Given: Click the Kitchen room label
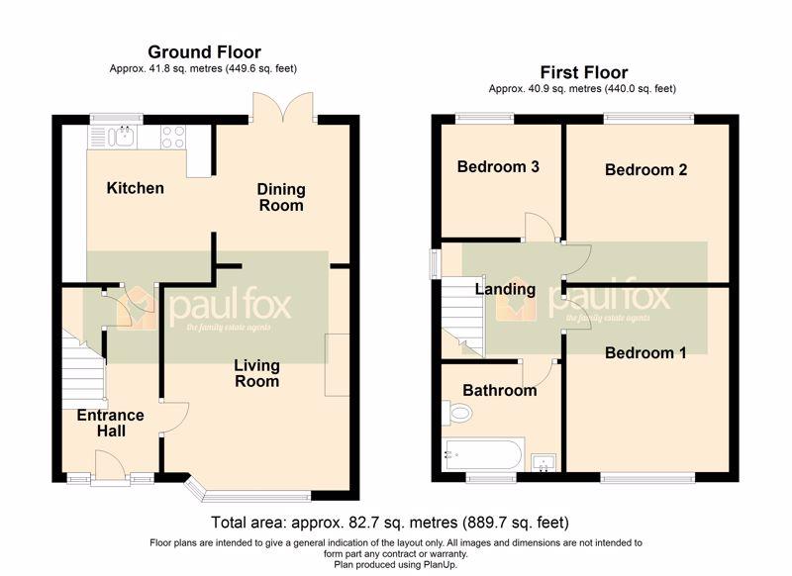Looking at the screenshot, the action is (135, 188).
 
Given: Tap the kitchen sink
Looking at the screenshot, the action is (121, 137).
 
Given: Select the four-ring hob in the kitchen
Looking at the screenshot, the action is (172, 137).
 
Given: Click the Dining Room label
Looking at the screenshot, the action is (281, 197).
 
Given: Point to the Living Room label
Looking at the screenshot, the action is (256, 373).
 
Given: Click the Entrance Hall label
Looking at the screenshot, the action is (111, 423).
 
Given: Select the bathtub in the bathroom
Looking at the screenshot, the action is (484, 454).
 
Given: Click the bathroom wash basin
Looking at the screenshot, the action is (544, 463).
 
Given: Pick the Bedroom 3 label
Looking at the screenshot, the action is (498, 166).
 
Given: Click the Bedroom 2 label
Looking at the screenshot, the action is (646, 169).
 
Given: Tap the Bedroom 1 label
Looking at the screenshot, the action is (645, 352).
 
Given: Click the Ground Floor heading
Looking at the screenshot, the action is (204, 52).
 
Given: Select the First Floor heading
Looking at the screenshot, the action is (584, 72).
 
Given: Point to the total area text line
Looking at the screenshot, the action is (389, 522).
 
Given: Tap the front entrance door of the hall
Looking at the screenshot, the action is (110, 465).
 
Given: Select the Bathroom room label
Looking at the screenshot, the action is (500, 390).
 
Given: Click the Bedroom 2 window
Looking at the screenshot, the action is (649, 118).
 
